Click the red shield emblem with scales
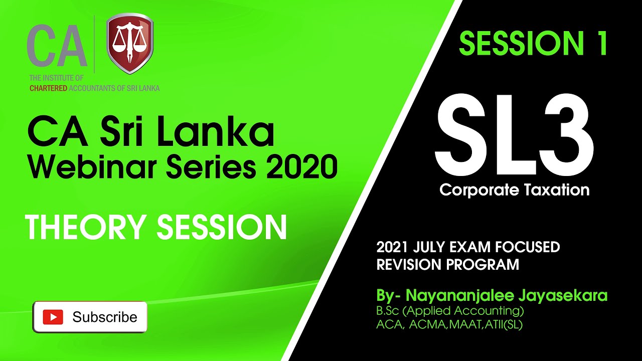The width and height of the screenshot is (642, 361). (x=130, y=44)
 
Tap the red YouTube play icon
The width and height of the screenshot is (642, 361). (x=53, y=317)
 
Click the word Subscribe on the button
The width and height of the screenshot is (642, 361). (x=104, y=317)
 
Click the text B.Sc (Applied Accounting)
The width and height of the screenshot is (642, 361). (x=450, y=310)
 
